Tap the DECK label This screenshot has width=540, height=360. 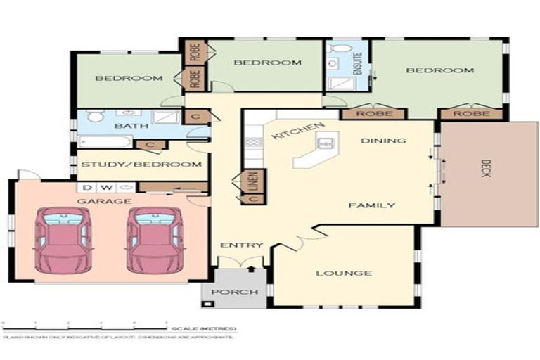click(x=484, y=169)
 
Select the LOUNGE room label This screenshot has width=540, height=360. click(x=343, y=273)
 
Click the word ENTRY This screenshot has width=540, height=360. click(x=242, y=245)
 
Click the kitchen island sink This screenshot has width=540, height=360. click(x=326, y=144)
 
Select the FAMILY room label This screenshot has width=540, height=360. click(x=371, y=205)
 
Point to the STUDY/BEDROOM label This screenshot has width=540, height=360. click(x=141, y=165)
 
